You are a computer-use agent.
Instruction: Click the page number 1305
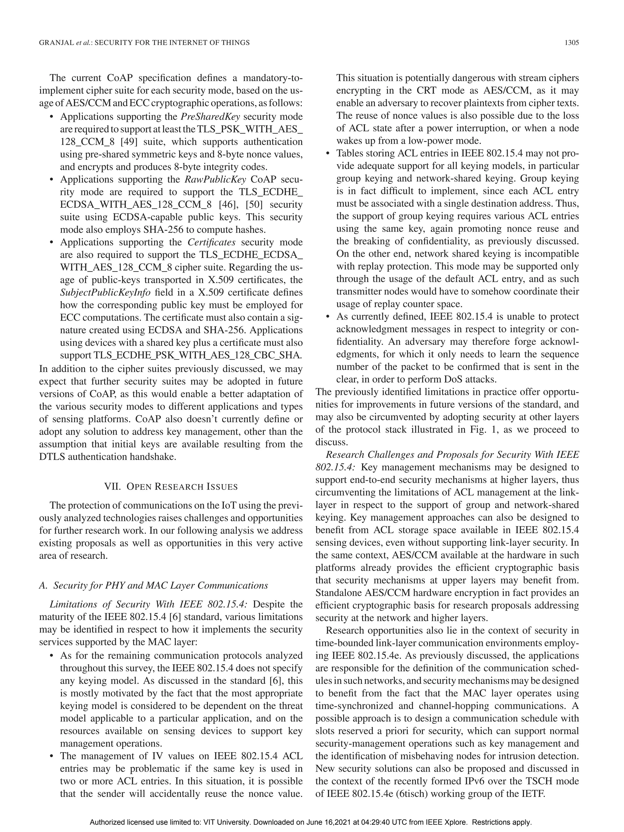[571, 43]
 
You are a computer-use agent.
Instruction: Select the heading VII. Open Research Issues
[171, 487]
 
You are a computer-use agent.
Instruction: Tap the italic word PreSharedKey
[210, 117]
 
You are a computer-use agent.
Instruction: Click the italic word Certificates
[211, 242]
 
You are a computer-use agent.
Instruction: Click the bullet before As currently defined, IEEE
[328, 317]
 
